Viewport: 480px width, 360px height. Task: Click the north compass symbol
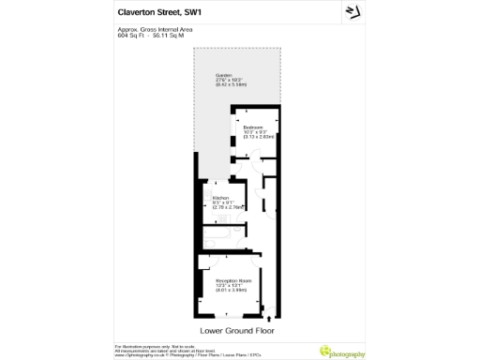coord(353,12)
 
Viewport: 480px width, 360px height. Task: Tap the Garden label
coord(223,76)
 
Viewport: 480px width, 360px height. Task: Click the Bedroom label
coord(253,127)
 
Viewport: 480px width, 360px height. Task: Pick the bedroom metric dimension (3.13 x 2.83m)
coord(259,137)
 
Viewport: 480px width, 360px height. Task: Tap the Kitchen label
coord(220,198)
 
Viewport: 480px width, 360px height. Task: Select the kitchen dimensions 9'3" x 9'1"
coord(226,202)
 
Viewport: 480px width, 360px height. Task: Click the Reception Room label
coord(232,280)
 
